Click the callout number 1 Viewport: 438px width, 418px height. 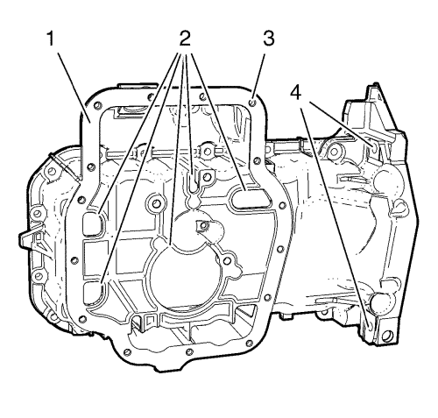tap(51, 39)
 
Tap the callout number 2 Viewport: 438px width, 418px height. tap(185, 39)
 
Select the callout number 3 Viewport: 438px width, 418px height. tap(269, 39)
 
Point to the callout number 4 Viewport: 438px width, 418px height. tap(295, 93)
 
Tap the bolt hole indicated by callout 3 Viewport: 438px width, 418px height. tap(253, 103)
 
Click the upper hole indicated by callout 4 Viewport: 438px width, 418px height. tap(374, 147)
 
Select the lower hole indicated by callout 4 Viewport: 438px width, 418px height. tap(370, 326)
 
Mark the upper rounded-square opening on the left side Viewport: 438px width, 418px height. tap(92, 223)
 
